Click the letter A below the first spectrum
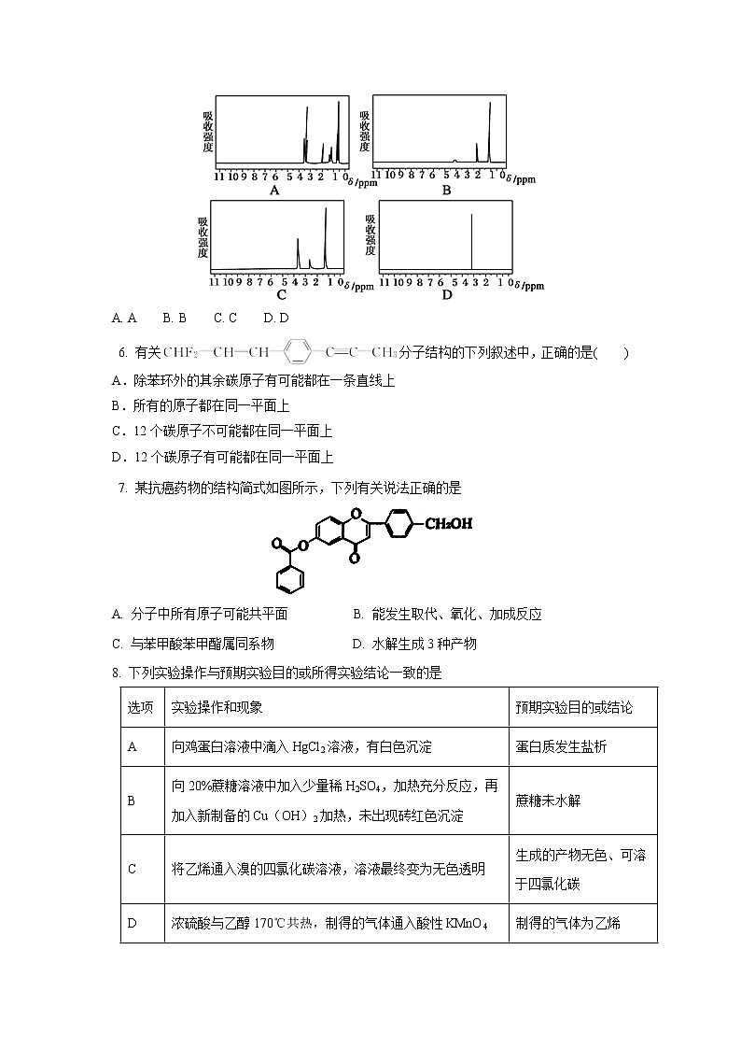274,191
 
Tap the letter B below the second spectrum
446,191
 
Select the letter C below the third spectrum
280,296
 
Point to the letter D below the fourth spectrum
446,296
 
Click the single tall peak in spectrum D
471,243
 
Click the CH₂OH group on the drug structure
448,523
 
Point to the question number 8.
115,672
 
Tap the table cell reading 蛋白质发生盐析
560,746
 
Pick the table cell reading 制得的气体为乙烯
567,923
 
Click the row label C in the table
132,869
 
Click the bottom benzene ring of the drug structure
289,580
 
